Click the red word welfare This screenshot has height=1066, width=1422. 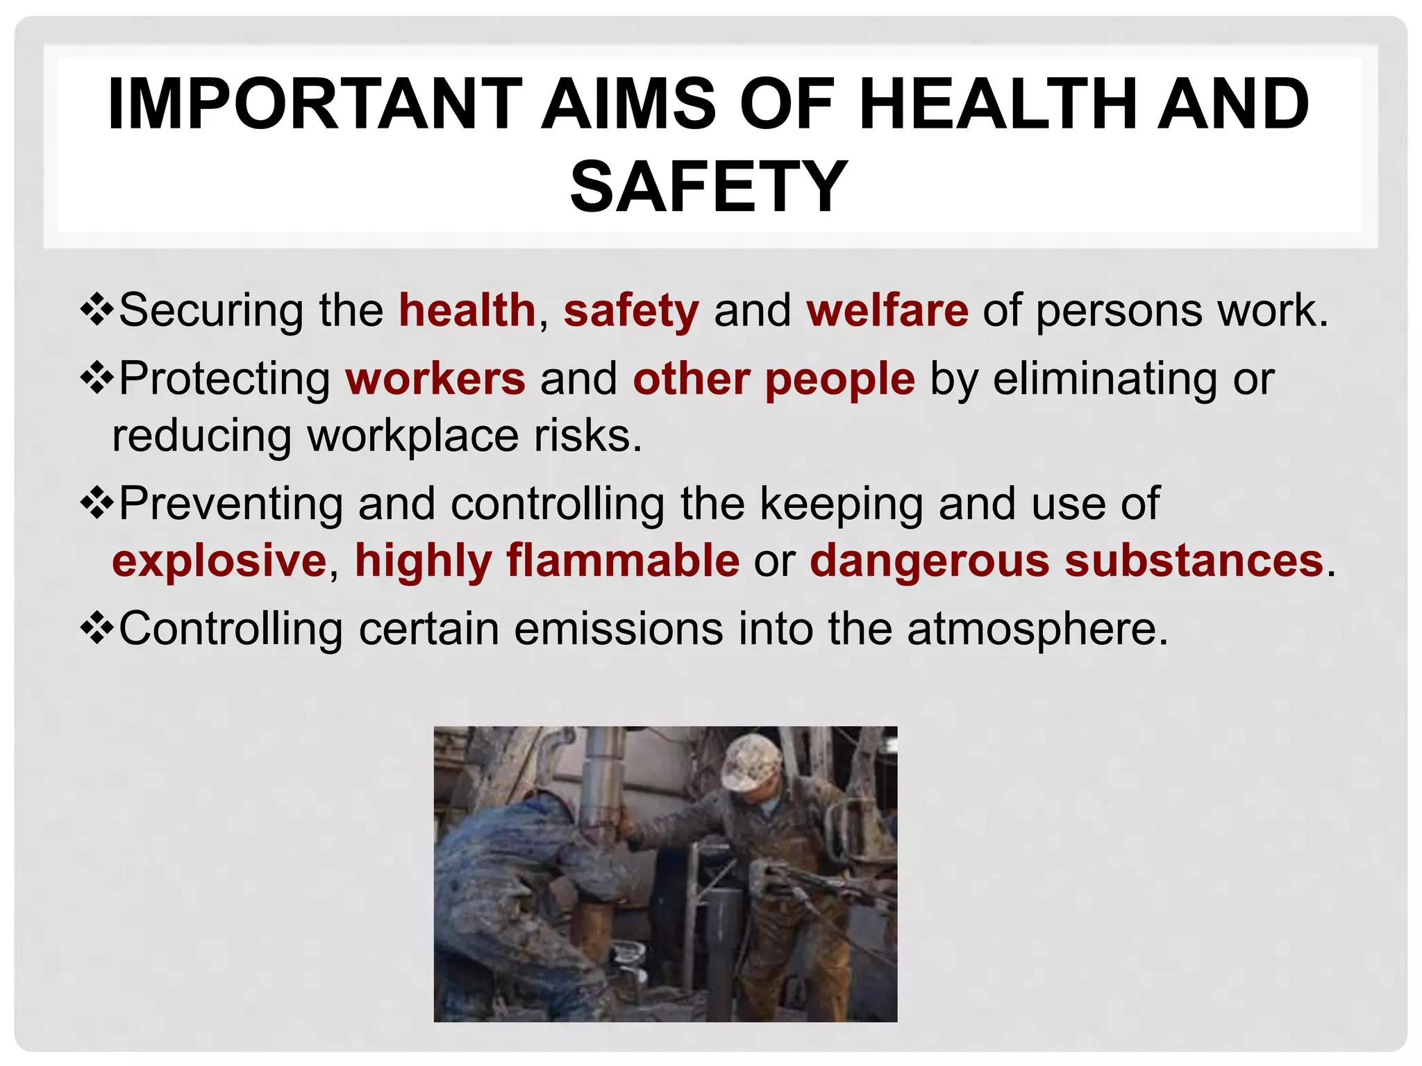(887, 310)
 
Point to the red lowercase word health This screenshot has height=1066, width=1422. (467, 310)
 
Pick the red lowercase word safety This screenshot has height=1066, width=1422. (631, 312)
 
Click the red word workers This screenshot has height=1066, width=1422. (435, 379)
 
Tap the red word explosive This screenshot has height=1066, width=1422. (219, 561)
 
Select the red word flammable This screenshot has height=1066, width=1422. (623, 561)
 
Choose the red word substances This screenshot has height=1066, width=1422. (1194, 561)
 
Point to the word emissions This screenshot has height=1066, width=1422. (618, 629)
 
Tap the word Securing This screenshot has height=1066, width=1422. (211, 312)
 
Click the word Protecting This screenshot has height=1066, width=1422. (225, 380)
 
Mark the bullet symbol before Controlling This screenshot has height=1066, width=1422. (97, 627)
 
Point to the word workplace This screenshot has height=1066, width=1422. (413, 437)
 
